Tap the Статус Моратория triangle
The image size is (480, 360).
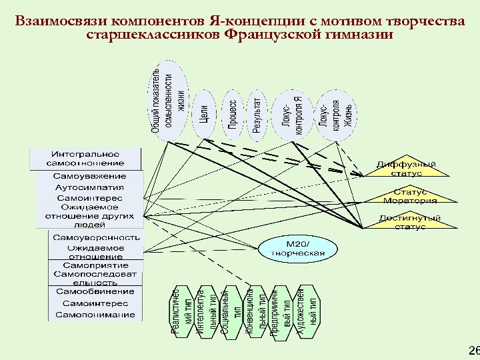410,196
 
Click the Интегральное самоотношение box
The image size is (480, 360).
85,158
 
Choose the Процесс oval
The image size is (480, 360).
232,115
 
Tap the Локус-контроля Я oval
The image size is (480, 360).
292,115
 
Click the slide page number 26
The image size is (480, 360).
473,351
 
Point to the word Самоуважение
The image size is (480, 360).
90,176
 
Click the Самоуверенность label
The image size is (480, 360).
96,237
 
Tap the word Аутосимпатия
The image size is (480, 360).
89,187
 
